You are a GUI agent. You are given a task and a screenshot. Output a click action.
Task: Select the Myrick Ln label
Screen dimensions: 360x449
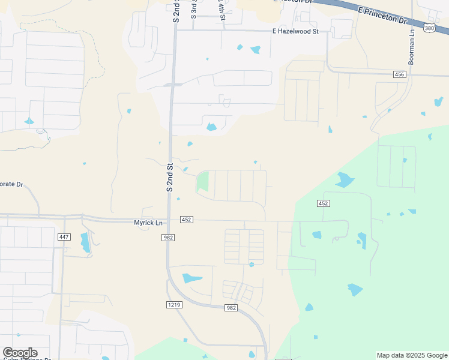148,223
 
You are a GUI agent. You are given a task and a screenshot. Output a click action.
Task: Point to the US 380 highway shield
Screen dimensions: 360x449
427,28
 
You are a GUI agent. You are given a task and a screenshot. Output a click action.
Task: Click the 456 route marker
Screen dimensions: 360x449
400,74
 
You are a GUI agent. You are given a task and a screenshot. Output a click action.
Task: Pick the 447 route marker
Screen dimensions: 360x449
64,237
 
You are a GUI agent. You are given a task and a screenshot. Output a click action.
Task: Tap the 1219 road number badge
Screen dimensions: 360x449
174,305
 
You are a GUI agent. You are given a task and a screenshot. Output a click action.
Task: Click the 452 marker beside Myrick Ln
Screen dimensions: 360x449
186,220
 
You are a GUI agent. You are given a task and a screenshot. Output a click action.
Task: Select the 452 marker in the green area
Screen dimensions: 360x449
323,203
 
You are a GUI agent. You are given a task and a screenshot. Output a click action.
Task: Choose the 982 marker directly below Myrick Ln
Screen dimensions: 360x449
168,238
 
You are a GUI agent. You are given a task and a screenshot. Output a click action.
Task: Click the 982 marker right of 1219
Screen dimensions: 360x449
232,308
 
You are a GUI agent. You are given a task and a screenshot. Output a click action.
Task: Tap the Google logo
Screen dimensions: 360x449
20,353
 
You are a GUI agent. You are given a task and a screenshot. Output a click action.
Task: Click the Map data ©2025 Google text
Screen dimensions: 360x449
412,355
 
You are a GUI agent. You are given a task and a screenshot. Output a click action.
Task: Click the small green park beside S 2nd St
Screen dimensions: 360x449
202,181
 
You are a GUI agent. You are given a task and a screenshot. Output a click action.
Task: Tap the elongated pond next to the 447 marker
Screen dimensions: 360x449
85,242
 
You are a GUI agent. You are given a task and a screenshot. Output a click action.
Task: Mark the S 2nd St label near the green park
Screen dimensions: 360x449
170,178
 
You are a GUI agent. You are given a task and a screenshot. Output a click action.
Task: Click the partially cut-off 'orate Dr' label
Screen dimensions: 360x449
11,184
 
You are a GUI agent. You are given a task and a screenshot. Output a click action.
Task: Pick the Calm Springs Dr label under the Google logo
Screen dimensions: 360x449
27,359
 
